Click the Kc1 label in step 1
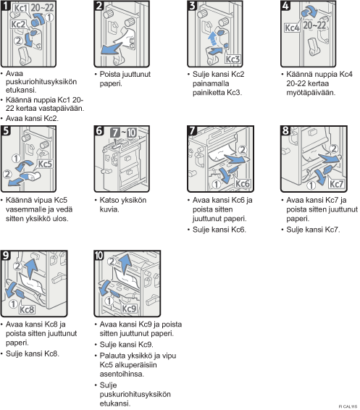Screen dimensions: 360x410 [x=20, y=8]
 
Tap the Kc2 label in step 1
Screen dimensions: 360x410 [x=18, y=25]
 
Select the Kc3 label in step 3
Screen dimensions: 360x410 [x=233, y=59]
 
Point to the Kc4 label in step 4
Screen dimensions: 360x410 [x=292, y=28]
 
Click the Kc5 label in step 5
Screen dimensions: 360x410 [x=45, y=164]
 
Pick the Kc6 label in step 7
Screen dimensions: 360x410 [x=242, y=183]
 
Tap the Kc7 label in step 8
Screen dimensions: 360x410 [x=336, y=184]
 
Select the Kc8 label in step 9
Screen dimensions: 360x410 [x=27, y=309]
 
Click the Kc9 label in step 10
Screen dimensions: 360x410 [x=129, y=309]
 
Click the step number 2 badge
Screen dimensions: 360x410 [x=99, y=6]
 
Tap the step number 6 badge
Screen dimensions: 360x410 [x=99, y=130]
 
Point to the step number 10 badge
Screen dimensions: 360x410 [x=99, y=255]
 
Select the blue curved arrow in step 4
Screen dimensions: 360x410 [x=310, y=12]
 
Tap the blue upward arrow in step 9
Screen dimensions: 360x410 [x=31, y=269]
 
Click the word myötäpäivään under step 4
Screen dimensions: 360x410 [x=311, y=93]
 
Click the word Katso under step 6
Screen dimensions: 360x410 [x=108, y=200]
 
